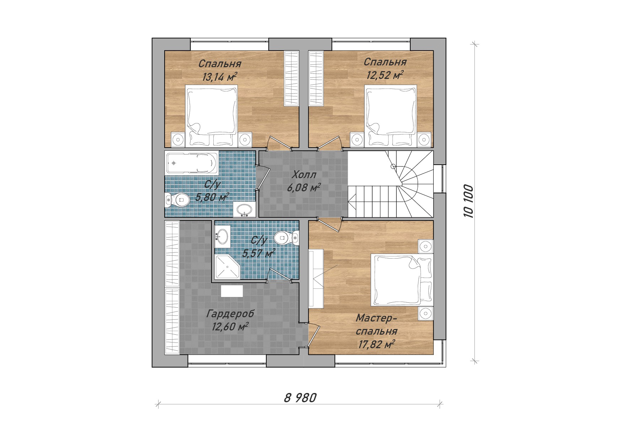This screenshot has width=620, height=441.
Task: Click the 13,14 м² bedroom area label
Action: tap(219, 76)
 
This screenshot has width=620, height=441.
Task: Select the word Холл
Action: tap(304, 175)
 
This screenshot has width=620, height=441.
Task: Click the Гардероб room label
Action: tap(230, 314)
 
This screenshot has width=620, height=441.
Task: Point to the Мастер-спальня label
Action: tap(376, 324)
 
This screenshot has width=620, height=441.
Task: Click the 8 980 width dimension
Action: tap(300, 398)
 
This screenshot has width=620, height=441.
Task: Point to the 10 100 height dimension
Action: tap(468, 201)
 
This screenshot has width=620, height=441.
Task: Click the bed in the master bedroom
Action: tap(401, 280)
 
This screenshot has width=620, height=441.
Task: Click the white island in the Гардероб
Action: tap(232, 291)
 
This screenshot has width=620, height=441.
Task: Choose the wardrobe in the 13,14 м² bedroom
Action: tap(292, 78)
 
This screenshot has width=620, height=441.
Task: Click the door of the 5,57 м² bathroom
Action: tap(280, 275)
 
